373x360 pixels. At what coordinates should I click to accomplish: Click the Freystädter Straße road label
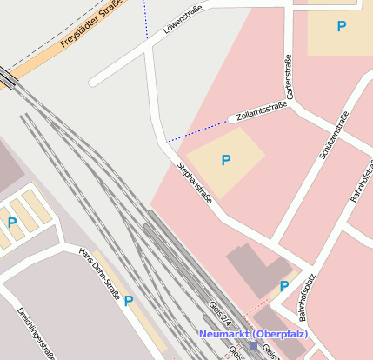(90, 30)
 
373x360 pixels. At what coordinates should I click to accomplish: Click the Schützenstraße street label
(334, 135)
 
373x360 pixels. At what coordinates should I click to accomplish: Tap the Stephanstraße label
(195, 182)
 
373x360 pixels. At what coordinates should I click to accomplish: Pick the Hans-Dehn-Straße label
(99, 272)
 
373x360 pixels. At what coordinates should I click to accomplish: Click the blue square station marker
(253, 345)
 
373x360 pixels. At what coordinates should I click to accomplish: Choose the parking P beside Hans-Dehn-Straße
(129, 301)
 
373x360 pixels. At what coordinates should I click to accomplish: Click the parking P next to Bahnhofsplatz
(283, 286)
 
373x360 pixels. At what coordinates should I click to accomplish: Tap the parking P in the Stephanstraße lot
(225, 160)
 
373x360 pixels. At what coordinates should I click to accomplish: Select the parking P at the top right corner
(341, 27)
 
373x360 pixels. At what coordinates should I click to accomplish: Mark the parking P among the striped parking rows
(12, 223)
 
